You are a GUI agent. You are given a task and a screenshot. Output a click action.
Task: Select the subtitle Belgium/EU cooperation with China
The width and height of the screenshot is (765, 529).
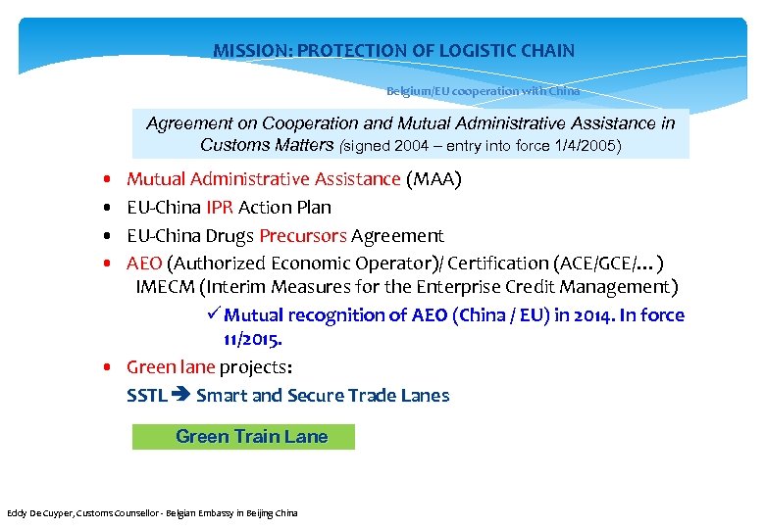click(x=483, y=91)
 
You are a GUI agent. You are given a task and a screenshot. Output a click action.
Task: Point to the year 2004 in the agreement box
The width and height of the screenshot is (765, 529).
click(x=415, y=146)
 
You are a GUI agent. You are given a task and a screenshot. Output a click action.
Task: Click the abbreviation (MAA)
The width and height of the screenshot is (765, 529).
click(x=433, y=179)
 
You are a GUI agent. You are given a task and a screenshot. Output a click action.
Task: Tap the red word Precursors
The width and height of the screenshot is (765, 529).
click(x=303, y=236)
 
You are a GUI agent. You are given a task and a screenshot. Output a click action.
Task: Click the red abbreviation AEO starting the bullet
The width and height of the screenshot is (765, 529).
click(x=145, y=264)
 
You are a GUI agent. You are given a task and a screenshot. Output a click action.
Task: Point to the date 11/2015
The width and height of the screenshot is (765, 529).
click(x=253, y=339)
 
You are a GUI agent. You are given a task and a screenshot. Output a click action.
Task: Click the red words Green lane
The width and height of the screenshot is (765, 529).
click(x=171, y=367)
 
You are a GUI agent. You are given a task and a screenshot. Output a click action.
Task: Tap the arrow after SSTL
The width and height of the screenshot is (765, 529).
click(x=181, y=396)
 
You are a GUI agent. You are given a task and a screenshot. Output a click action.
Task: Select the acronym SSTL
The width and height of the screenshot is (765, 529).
click(x=147, y=396)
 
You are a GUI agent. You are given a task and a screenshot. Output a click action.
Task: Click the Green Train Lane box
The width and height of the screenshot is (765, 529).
click(x=243, y=437)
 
